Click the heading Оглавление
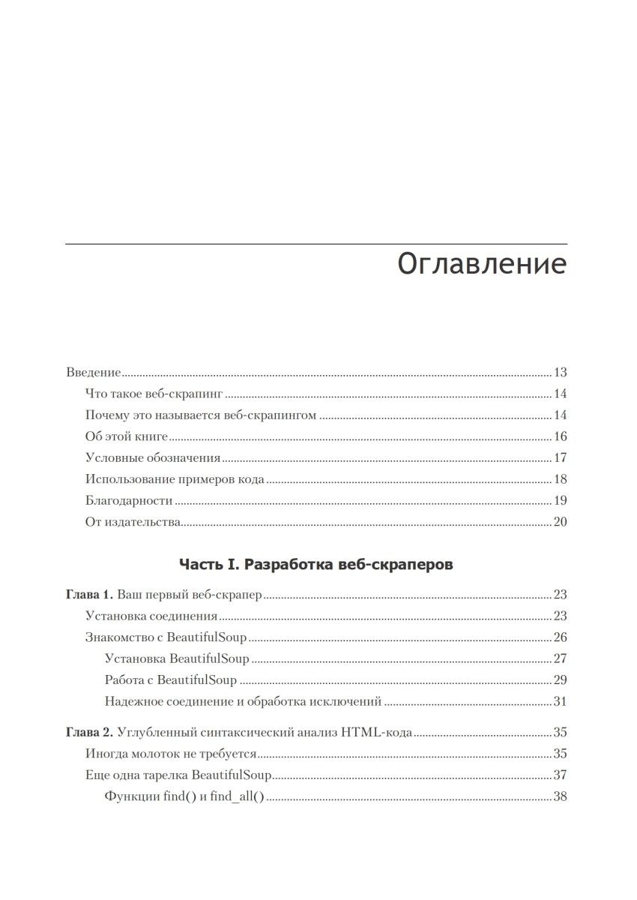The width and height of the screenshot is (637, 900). (481, 265)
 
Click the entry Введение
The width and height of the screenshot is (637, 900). (94, 373)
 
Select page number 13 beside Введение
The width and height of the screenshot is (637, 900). (559, 373)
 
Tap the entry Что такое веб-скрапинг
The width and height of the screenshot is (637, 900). (155, 394)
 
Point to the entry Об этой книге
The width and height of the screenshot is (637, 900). (127, 437)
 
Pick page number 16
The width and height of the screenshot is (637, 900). (559, 437)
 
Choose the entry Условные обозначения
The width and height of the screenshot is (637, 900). (153, 458)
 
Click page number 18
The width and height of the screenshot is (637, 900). (559, 480)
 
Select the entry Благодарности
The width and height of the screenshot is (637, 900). (130, 501)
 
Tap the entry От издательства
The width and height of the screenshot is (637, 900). (133, 523)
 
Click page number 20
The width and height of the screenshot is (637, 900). (559, 523)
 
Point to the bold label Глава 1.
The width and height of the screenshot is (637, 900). (89, 595)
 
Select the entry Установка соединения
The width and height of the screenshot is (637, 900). (151, 616)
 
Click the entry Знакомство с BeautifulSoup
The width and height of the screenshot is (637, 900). (166, 638)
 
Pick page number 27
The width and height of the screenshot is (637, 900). (559, 659)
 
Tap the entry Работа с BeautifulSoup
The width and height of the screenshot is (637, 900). (171, 681)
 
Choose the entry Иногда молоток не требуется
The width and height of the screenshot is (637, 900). (172, 754)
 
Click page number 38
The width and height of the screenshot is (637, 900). (559, 796)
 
